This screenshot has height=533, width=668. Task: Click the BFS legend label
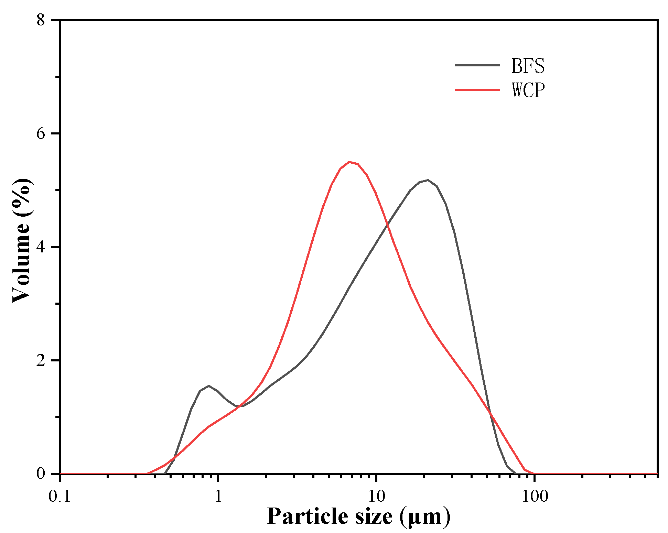point(528,66)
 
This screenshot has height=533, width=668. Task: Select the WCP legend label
point(528,90)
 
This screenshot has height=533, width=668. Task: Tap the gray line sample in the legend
point(477,65)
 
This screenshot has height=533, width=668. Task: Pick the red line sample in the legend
point(477,90)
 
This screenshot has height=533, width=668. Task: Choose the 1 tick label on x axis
point(218,496)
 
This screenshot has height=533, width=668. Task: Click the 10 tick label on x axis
point(376,496)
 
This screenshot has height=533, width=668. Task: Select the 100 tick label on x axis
point(534,496)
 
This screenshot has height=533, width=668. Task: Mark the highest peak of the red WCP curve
point(349,162)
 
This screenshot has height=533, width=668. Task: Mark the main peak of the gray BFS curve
point(428,180)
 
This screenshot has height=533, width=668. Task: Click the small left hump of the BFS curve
point(208,386)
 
